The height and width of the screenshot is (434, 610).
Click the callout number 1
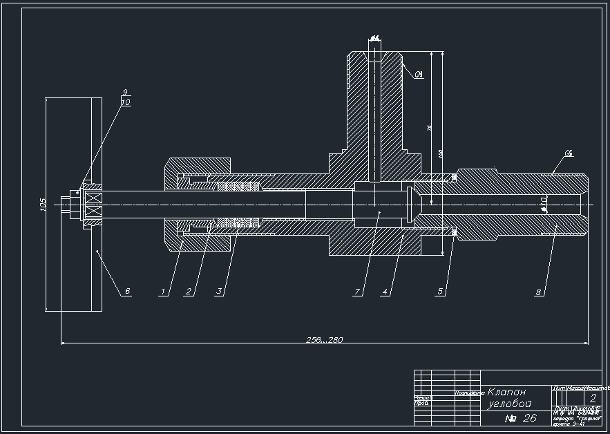tap(163, 292)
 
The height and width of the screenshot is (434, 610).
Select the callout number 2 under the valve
tap(188, 292)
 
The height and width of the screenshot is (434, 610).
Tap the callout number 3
tap(219, 292)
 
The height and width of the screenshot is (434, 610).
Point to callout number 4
tap(385, 292)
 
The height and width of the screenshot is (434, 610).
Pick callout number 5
tap(439, 292)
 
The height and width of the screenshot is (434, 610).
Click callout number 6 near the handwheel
tap(127, 292)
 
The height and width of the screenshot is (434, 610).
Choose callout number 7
tap(357, 292)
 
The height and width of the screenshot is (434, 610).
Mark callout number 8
tap(538, 292)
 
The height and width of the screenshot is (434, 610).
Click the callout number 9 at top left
tap(125, 92)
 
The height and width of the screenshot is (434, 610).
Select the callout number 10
tap(125, 102)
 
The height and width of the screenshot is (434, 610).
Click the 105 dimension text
tap(43, 204)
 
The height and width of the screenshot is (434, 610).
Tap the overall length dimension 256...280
tap(325, 339)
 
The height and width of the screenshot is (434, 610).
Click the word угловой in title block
tap(510, 404)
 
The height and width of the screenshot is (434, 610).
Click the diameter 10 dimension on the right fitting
tap(543, 201)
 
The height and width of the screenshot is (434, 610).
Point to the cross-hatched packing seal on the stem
tap(238, 205)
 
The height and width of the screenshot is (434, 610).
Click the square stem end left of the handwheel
tap(66, 205)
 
